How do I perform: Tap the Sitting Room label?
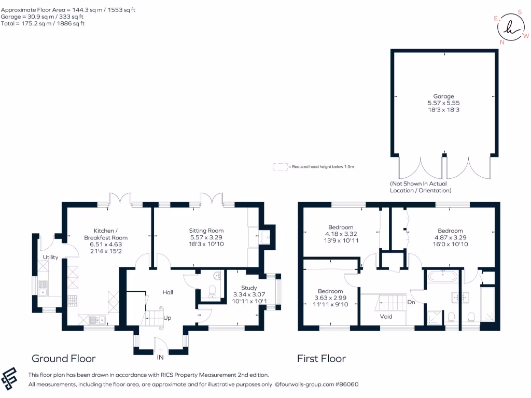click(x=206, y=231)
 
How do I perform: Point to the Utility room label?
click(x=50, y=257)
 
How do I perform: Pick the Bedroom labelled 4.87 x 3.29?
click(x=450, y=231)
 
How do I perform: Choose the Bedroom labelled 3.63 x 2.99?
click(x=330, y=291)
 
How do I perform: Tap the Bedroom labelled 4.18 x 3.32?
click(x=341, y=227)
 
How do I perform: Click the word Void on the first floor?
click(x=386, y=316)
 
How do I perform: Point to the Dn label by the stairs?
click(x=411, y=302)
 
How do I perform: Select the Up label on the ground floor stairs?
click(x=167, y=318)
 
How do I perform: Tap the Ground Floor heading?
click(x=64, y=358)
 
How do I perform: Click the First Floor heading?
click(x=321, y=358)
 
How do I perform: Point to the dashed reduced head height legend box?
click(x=281, y=167)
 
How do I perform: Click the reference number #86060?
click(x=346, y=385)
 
